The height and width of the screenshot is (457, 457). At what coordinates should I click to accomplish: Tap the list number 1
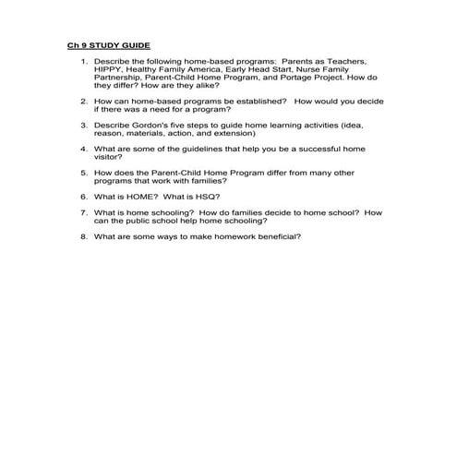[83, 62]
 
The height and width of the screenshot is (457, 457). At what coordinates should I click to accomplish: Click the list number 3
[83, 125]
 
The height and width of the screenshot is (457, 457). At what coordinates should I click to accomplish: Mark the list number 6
[83, 196]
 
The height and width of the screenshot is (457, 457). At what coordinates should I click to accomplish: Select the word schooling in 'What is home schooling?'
[171, 213]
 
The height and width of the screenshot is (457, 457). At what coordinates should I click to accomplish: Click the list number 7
[83, 213]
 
